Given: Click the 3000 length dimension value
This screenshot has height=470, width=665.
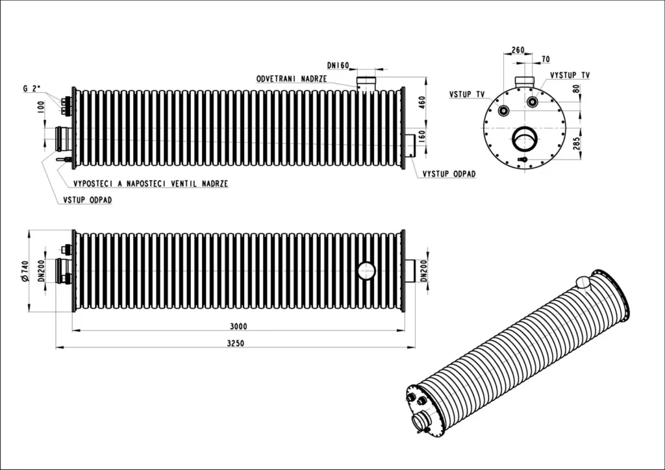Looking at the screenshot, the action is [x=238, y=327].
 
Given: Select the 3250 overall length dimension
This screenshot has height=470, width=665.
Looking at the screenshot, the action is [x=235, y=343].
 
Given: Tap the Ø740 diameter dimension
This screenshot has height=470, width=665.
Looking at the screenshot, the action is [x=24, y=271].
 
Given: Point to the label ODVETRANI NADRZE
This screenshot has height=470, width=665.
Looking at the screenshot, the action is [x=292, y=79].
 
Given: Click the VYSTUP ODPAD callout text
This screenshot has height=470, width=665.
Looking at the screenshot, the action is [x=449, y=174].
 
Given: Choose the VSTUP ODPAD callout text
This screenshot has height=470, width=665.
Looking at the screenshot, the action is [x=88, y=199].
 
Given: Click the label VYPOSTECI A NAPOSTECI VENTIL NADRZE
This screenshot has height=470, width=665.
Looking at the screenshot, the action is [x=151, y=184].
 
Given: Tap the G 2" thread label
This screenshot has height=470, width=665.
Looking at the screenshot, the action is [x=32, y=88].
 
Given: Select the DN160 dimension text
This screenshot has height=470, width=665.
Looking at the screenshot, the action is [x=338, y=66].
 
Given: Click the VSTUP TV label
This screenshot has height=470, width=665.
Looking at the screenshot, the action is [x=467, y=94].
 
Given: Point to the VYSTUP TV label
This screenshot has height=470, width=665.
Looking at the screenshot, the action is [x=570, y=75].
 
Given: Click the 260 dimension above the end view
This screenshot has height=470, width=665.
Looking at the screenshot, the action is [x=518, y=50].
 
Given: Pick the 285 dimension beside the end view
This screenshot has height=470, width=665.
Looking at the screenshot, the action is [x=576, y=143].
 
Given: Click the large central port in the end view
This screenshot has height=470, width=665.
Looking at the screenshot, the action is [x=525, y=138].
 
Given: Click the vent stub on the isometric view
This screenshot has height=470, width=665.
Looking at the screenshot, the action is [x=584, y=282].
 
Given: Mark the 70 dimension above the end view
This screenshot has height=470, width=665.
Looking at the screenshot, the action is [x=546, y=59].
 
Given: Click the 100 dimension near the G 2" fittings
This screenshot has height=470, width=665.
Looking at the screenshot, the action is [x=41, y=107].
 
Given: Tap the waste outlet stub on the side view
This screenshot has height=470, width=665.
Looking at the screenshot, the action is [x=410, y=145].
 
